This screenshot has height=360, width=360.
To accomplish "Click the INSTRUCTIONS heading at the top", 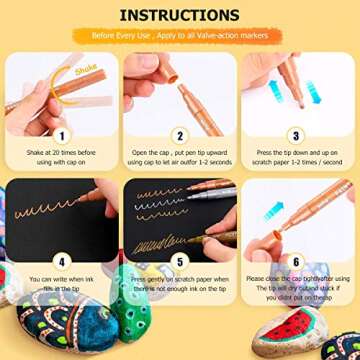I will [179, 16].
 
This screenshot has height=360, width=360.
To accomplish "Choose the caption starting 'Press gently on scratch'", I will [179, 283].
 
